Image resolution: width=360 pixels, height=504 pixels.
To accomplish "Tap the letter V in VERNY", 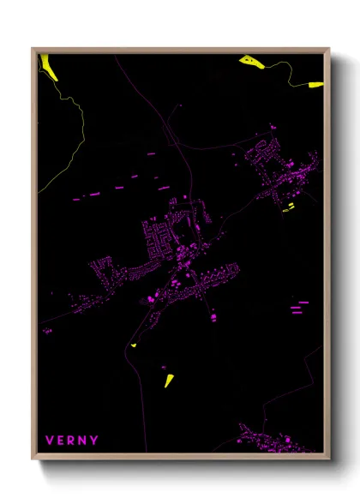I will click(x=50, y=440).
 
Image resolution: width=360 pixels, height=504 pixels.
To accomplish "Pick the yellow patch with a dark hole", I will click(x=249, y=60).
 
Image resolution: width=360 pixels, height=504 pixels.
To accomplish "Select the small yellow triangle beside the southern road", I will click(x=134, y=345).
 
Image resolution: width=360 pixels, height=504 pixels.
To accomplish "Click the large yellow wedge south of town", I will click(x=169, y=378).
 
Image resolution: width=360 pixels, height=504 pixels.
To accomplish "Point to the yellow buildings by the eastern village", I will click(x=289, y=207).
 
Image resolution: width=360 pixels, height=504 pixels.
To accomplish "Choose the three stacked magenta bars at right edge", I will click(x=299, y=307).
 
